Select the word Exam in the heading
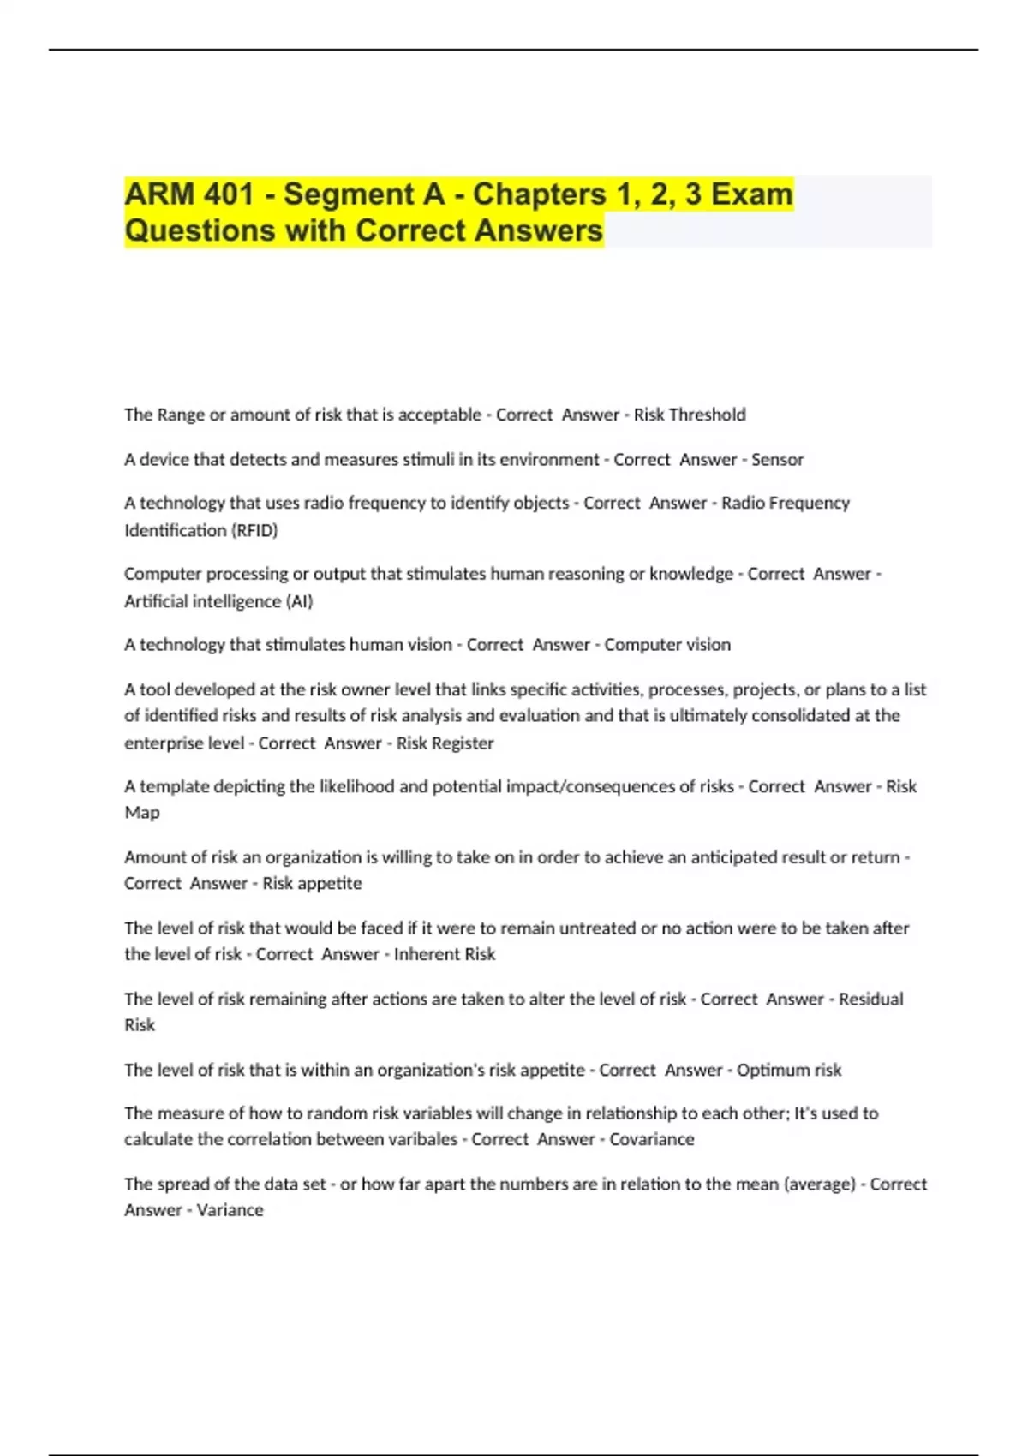coord(752,194)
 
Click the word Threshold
coord(707,415)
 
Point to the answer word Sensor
coord(777,459)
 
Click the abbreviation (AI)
coord(300,601)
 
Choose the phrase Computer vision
coord(667,644)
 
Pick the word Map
coord(142,812)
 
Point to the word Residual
coord(870,999)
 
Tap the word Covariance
coord(652,1139)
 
